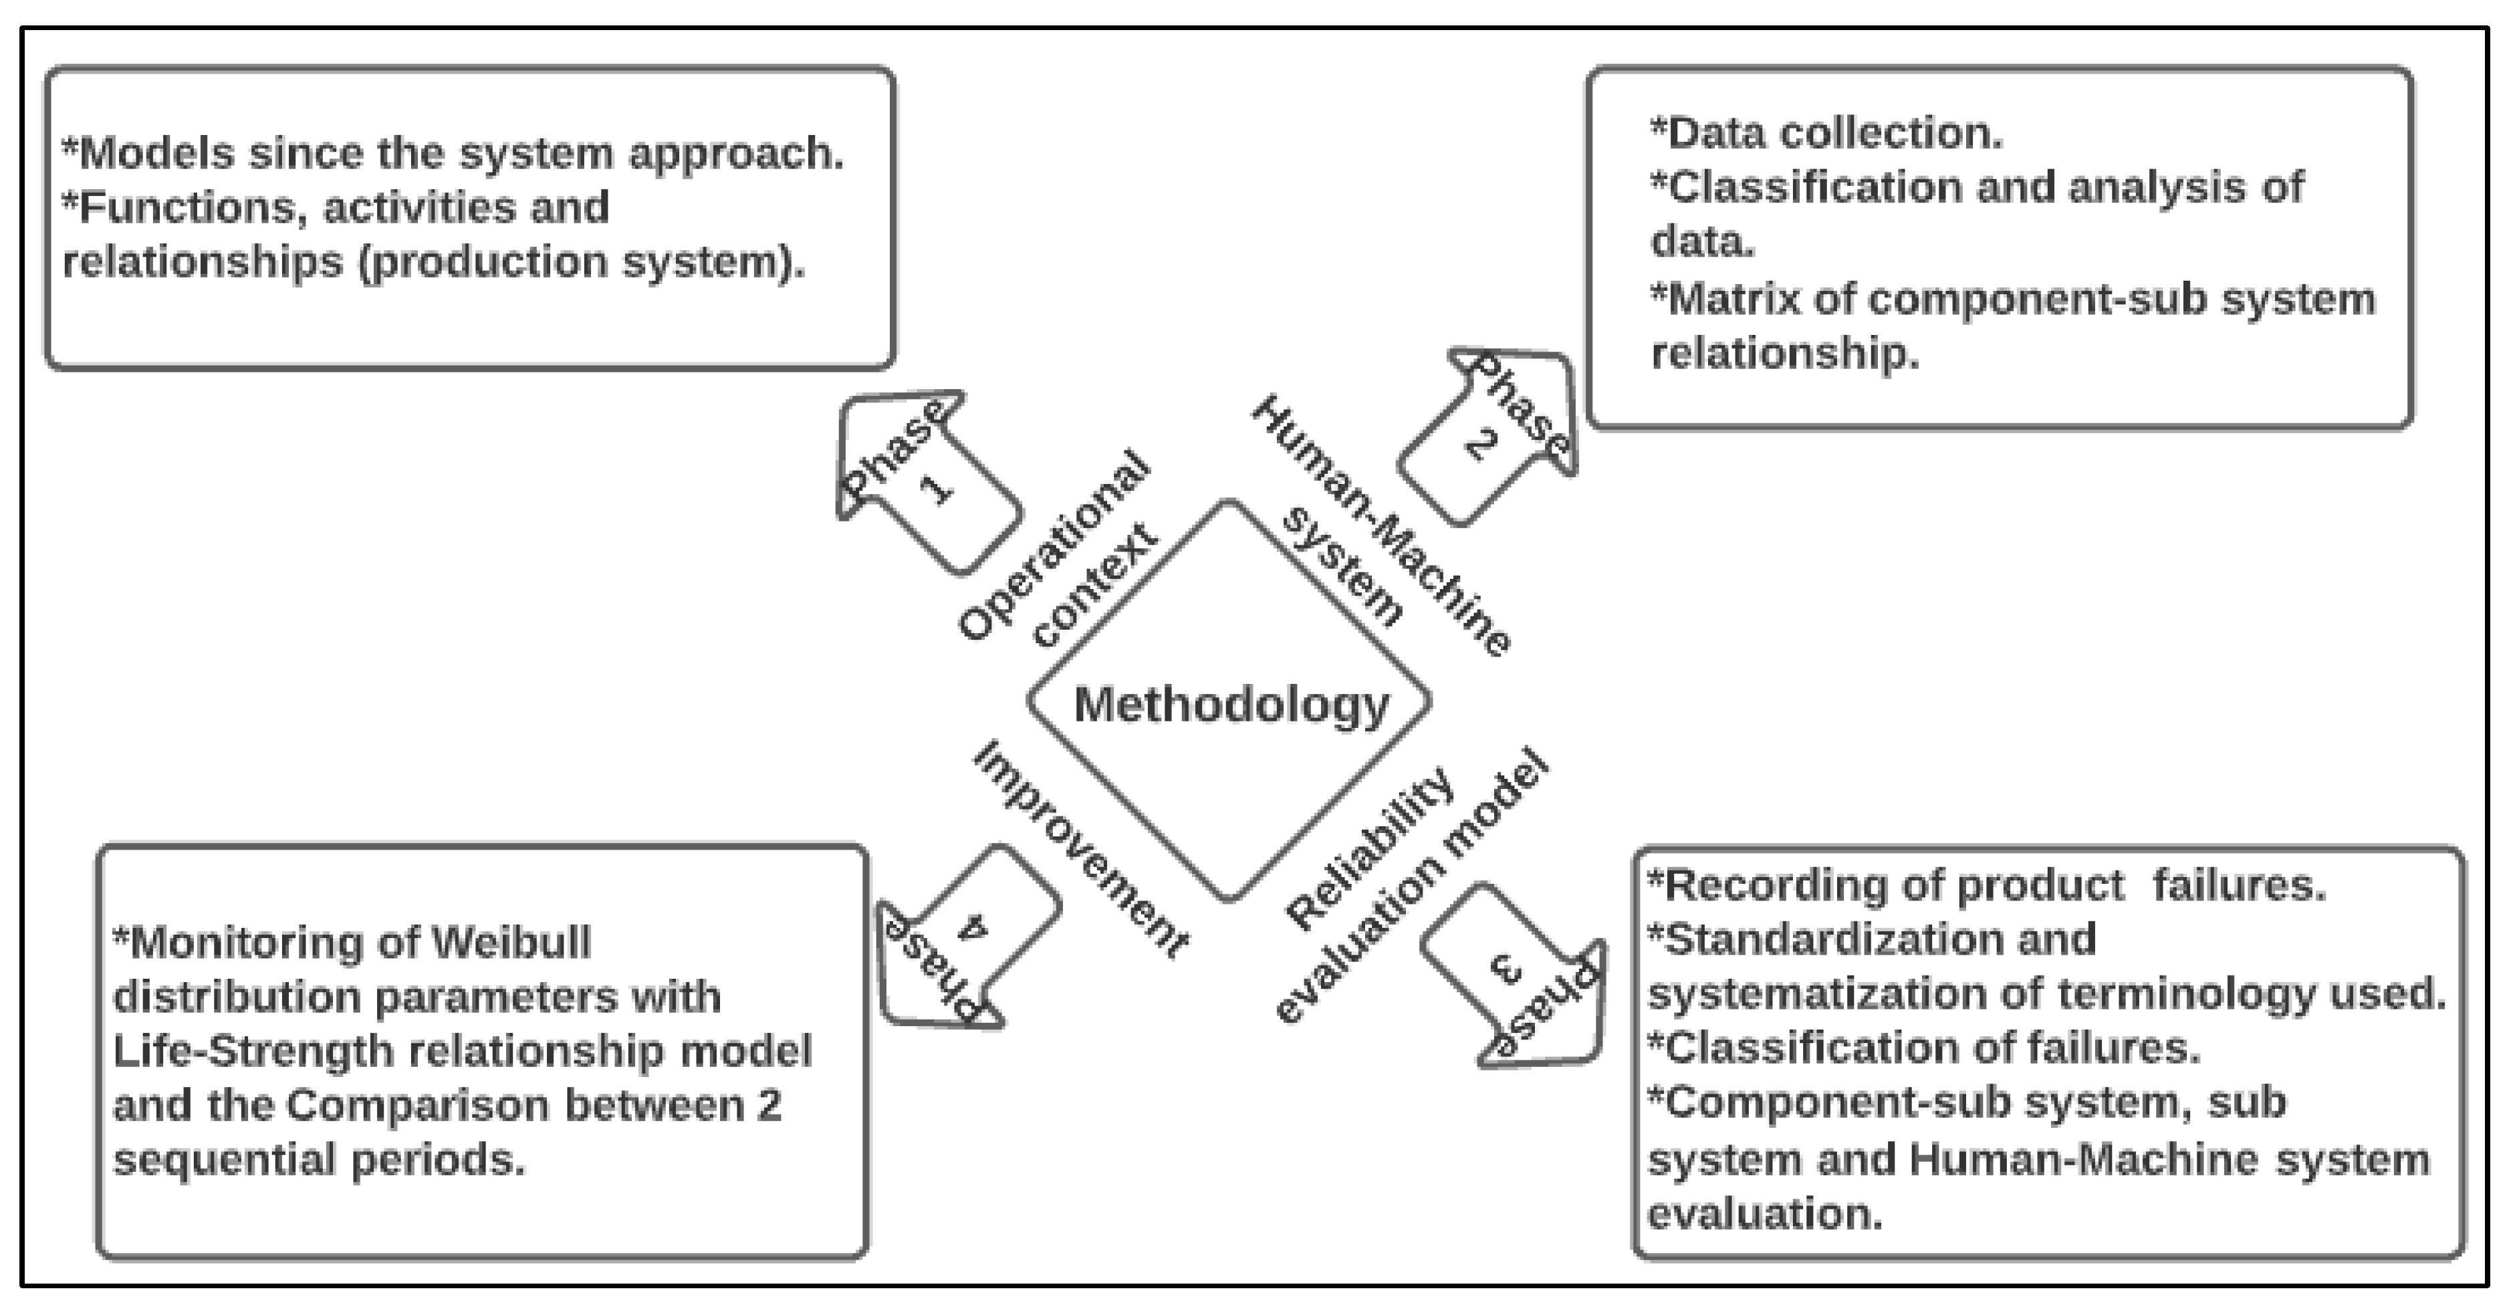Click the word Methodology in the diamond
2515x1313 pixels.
[1230, 705]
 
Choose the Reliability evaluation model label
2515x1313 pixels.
[1406, 884]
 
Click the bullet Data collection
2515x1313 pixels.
[1826, 134]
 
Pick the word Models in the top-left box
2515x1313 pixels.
[156, 153]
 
